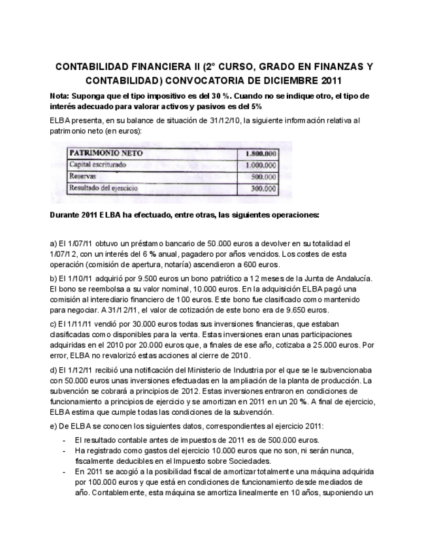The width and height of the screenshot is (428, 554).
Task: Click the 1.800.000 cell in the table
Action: [x=260, y=154]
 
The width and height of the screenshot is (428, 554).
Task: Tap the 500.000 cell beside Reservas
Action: [x=263, y=176]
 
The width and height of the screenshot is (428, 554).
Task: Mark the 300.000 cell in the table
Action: [x=263, y=188]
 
